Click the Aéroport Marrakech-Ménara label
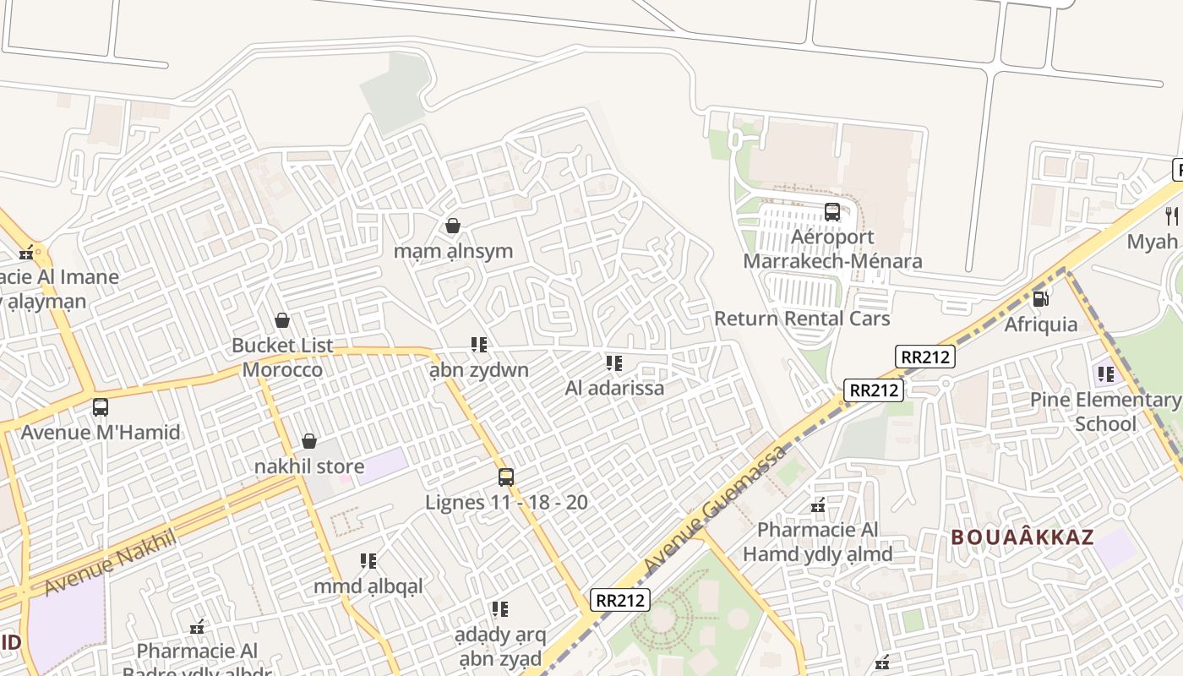click(832, 249)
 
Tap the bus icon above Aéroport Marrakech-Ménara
click(832, 212)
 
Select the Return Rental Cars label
click(802, 319)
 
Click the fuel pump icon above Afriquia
click(1041, 298)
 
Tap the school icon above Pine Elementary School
click(1105, 373)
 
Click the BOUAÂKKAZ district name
click(1022, 537)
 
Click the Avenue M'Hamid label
click(101, 433)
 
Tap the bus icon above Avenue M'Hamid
click(101, 407)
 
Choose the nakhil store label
click(309, 466)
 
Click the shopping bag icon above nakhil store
click(309, 441)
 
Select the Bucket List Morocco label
click(282, 357)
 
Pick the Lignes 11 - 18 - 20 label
click(506, 503)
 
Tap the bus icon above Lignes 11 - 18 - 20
click(506, 477)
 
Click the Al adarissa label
click(614, 389)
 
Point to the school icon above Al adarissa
click(614, 363)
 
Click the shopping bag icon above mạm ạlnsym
click(453, 226)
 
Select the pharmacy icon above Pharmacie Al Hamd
click(818, 505)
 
